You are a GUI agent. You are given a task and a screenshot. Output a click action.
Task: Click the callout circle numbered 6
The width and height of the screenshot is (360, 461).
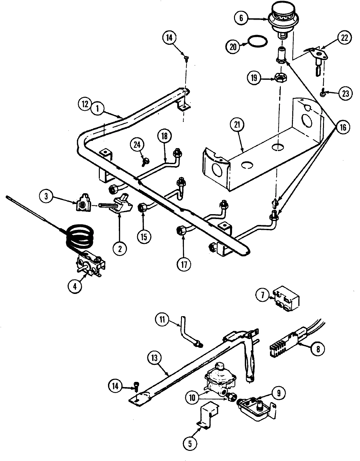241,18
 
